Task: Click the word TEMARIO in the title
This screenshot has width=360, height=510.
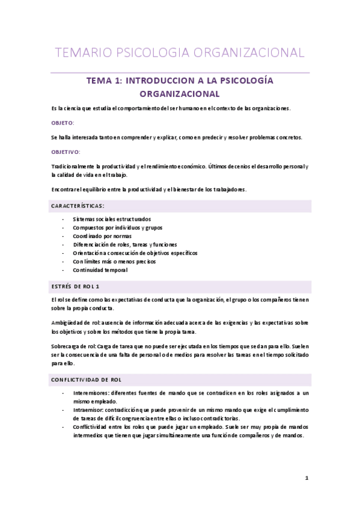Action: click(x=78, y=52)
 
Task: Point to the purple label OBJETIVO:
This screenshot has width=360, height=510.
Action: click(x=66, y=152)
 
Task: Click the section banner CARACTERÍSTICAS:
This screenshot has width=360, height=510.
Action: click(x=78, y=206)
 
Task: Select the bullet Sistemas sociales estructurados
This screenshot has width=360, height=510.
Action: click(x=112, y=219)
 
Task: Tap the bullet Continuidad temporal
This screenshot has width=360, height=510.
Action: click(x=100, y=270)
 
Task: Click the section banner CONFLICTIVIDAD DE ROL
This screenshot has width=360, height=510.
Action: click(x=87, y=380)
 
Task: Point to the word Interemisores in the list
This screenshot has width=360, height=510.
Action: click(x=90, y=393)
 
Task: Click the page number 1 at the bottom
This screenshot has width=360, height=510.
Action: click(x=307, y=479)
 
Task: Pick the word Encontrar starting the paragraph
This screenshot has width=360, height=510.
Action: click(x=64, y=189)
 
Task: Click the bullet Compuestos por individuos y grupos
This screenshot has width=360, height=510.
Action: click(x=117, y=228)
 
